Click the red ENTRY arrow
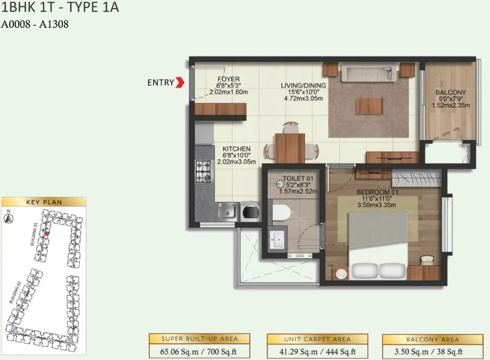[x=180, y=82]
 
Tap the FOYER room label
[x=228, y=79]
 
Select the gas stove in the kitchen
[x=204, y=171]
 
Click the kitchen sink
[x=227, y=210]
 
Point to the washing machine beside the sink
[x=251, y=212]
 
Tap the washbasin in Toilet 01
[x=277, y=240]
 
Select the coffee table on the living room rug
[x=369, y=106]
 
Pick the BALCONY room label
[x=451, y=92]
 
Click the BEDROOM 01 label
[x=377, y=192]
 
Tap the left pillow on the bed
[x=365, y=270]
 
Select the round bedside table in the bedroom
[x=342, y=274]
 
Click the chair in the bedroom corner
[x=426, y=260]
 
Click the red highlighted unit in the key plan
[x=47, y=233]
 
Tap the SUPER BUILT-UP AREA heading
[x=199, y=339]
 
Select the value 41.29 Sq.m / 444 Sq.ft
[x=318, y=352]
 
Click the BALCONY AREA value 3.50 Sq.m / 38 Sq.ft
[x=432, y=352]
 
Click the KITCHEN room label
[x=236, y=149]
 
